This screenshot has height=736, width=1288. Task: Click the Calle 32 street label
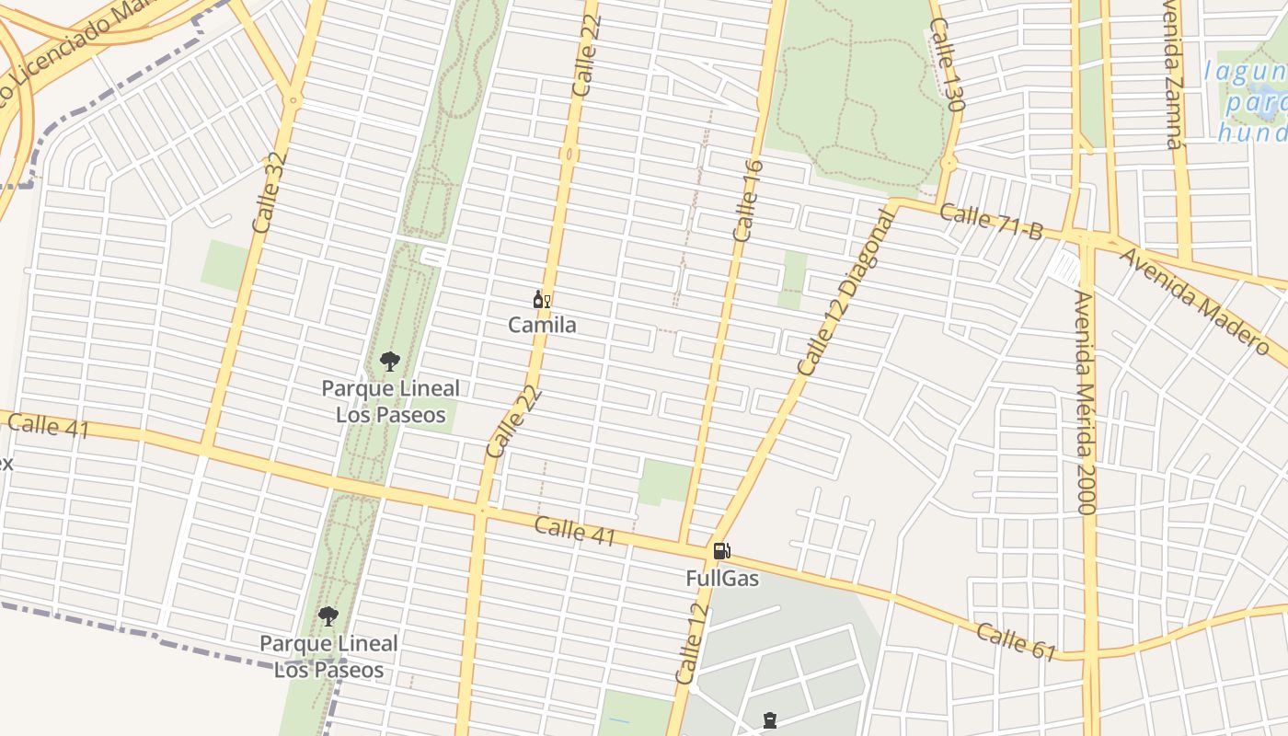pos(270,191)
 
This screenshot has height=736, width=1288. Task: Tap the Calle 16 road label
pos(748,201)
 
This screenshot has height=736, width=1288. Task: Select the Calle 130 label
pos(947,68)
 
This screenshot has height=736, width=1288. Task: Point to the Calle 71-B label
pos(992,222)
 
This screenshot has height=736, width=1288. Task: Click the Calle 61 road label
pos(1016,641)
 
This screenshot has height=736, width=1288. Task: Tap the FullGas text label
pos(722,579)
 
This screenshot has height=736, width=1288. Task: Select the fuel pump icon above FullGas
pos(722,552)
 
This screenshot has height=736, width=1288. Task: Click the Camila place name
pos(543,325)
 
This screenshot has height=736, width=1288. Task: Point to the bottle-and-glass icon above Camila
pos(542,300)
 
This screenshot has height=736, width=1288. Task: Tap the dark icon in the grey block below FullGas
pos(770,720)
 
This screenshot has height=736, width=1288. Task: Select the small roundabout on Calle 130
pos(949,164)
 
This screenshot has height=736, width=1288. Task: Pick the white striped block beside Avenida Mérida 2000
pos(1065,268)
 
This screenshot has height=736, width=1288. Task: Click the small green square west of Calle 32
pos(224,265)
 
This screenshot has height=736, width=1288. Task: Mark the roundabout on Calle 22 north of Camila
pos(569,155)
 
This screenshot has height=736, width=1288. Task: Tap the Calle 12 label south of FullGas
pos(691,644)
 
